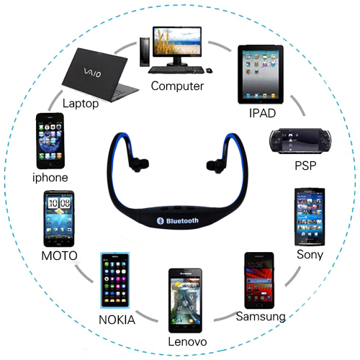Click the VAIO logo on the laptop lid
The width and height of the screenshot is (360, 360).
[x=92, y=73]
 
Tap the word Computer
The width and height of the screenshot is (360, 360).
[x=177, y=86]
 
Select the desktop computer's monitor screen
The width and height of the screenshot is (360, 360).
[x=177, y=41]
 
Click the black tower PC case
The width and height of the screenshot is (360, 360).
[x=145, y=52]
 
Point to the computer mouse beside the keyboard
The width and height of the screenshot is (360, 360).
[x=209, y=71]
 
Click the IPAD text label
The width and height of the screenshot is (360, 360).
[x=262, y=113]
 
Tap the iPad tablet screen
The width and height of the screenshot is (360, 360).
[x=261, y=75]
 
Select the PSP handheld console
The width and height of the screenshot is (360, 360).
[x=300, y=141]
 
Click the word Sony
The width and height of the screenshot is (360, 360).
[x=310, y=255]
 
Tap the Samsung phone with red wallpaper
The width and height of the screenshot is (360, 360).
[x=259, y=281]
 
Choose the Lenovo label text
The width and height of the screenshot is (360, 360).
[x=187, y=342]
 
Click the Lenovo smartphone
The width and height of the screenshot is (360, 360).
[x=185, y=301]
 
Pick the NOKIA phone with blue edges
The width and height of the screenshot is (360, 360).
[x=115, y=280]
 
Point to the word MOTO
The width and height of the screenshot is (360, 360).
[x=59, y=256]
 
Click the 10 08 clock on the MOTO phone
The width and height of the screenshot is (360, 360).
[x=59, y=203]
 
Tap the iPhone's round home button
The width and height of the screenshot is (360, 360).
[x=50, y=164]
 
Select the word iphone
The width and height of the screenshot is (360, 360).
[x=50, y=178]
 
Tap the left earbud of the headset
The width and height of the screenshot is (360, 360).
[x=140, y=165]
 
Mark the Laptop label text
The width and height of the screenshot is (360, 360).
[x=81, y=104]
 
